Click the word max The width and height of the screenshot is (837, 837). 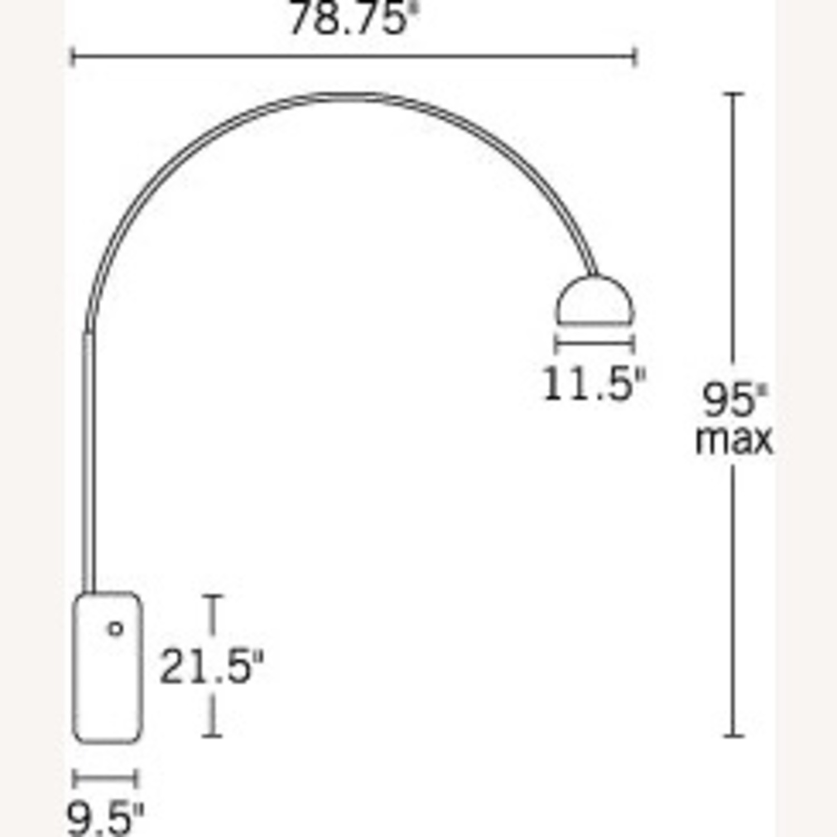(x=734, y=440)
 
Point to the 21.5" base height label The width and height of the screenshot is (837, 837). (x=211, y=667)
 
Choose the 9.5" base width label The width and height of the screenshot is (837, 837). (x=105, y=818)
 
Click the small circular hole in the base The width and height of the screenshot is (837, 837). (x=116, y=629)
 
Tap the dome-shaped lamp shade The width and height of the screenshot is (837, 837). (x=595, y=301)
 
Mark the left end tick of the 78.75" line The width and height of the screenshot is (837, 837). (x=73, y=57)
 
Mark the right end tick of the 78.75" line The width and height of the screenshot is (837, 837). (x=634, y=57)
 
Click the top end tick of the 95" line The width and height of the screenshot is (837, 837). (x=733, y=94)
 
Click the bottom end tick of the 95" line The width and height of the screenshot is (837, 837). (x=733, y=736)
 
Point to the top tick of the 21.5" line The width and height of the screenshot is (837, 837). (x=213, y=597)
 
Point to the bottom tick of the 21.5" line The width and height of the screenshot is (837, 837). (x=213, y=736)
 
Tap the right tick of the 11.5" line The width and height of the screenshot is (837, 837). (x=633, y=344)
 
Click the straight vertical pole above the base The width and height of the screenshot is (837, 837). (x=88, y=463)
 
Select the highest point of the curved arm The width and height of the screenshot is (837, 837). (x=346, y=97)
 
